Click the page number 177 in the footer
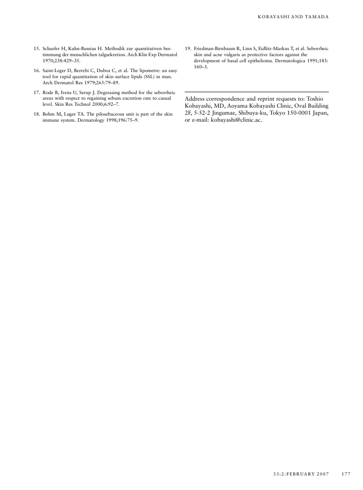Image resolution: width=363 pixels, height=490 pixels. (346, 474)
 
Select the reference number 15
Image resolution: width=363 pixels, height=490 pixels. (36, 48)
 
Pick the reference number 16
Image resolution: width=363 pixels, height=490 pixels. (36, 70)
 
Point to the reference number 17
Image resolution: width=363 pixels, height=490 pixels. (36, 93)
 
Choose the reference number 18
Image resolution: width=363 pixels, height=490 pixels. (36, 114)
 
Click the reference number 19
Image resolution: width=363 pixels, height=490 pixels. (188, 48)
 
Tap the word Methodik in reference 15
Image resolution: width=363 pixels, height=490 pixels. (112, 48)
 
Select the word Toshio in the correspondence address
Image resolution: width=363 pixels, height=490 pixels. (315, 99)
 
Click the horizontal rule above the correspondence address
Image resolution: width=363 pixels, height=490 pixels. (256, 92)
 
